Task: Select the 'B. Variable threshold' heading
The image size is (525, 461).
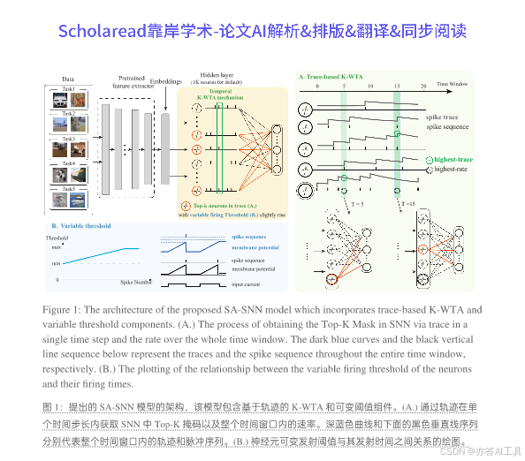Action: point(80,226)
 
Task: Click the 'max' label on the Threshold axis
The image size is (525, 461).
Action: point(56,248)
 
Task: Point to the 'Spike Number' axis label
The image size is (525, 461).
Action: point(137,280)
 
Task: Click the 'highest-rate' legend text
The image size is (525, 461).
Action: point(451,168)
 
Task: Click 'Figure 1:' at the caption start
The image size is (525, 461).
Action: point(65,310)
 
